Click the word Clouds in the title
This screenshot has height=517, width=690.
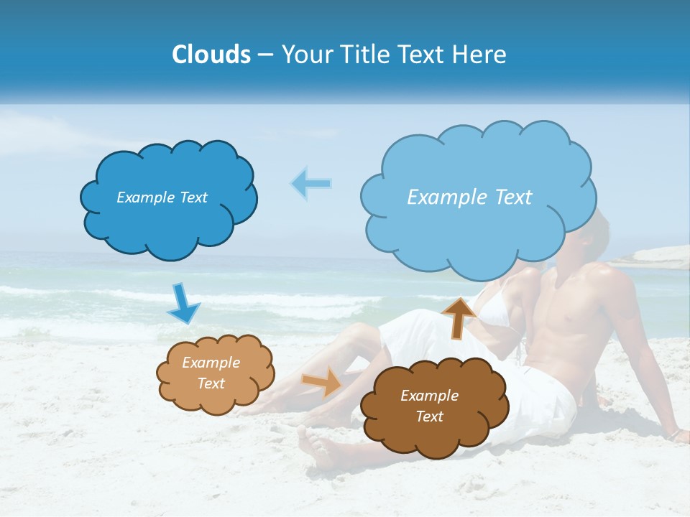pos(211,55)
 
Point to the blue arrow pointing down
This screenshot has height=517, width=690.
pos(183,304)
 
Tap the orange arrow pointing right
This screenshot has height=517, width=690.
pos(322,382)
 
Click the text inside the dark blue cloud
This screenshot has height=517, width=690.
pos(162,197)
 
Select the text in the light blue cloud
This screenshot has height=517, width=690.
pos(469,197)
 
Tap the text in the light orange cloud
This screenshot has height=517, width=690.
pos(211,373)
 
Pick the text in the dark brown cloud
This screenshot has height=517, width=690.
pos(429,406)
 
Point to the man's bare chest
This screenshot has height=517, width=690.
pos(575,302)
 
